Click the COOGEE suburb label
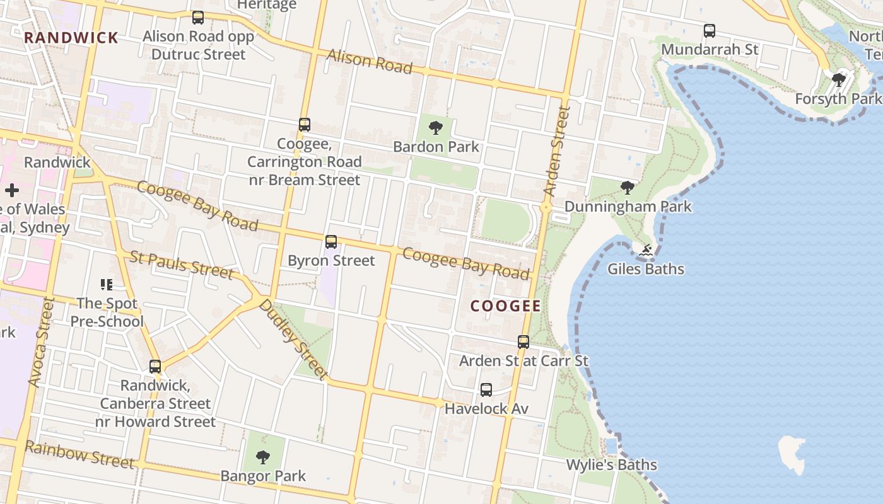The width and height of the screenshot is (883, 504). pyautogui.click(x=506, y=306)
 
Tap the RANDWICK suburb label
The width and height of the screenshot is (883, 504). pyautogui.click(x=71, y=38)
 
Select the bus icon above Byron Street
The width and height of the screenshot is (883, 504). pyautogui.click(x=331, y=242)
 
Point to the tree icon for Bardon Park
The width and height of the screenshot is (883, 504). pyautogui.click(x=435, y=129)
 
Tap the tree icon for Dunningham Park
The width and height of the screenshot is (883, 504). pyautogui.click(x=627, y=188)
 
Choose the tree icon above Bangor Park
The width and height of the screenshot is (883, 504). pyautogui.click(x=263, y=457)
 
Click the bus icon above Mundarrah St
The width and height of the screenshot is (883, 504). pyautogui.click(x=710, y=31)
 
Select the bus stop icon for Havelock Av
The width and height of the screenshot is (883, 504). pyautogui.click(x=486, y=390)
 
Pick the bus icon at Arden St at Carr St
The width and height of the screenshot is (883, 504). pyautogui.click(x=523, y=342)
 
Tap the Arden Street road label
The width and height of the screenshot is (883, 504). pyautogui.click(x=556, y=151)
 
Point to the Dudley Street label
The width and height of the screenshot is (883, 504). pyautogui.click(x=293, y=339)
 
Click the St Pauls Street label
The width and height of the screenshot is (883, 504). pyautogui.click(x=182, y=265)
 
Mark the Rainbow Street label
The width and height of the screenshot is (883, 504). pyautogui.click(x=79, y=454)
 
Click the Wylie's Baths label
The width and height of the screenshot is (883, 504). pyautogui.click(x=611, y=465)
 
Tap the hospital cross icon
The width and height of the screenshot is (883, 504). pyautogui.click(x=11, y=190)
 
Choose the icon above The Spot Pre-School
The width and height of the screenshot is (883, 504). pyautogui.click(x=106, y=285)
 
